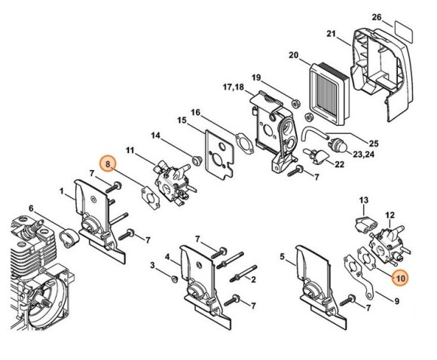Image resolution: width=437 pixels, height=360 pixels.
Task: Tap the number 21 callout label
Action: pos(330,34)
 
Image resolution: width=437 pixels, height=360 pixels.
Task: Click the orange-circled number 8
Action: pos(109,163)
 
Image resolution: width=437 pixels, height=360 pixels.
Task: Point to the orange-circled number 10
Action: pos(399,277)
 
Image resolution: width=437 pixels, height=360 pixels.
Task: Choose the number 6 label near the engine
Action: pos(31,209)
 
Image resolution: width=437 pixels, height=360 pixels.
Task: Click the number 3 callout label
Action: pos(153,265)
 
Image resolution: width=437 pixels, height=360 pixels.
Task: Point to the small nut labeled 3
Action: pos(173,280)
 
